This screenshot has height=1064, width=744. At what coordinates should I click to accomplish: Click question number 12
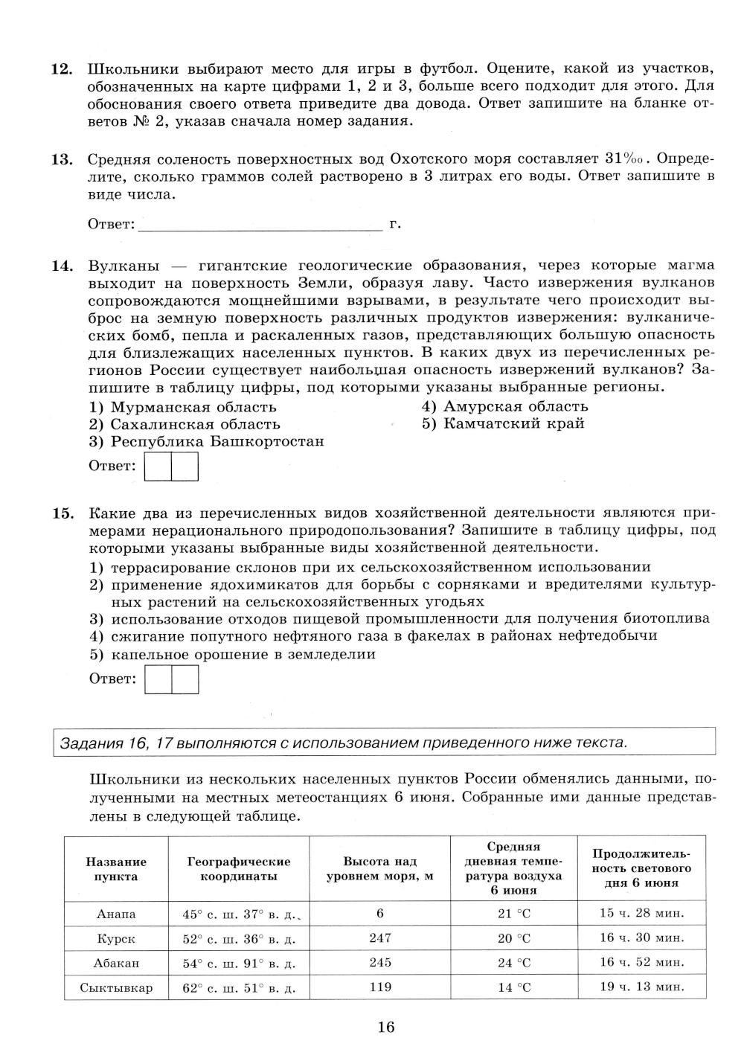click(x=61, y=69)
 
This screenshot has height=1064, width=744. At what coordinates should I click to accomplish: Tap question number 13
click(x=61, y=159)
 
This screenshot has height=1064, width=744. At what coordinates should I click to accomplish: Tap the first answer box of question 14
click(x=158, y=467)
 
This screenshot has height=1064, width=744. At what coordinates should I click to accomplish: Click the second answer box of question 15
click(x=185, y=679)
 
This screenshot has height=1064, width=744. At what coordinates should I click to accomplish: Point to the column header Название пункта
click(x=116, y=869)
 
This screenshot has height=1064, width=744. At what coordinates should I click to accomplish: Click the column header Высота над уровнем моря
click(x=380, y=869)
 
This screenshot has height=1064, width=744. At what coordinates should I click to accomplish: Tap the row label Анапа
click(x=116, y=914)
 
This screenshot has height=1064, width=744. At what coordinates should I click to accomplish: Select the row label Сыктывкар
click(x=116, y=988)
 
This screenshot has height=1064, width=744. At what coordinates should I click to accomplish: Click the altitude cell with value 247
click(x=380, y=938)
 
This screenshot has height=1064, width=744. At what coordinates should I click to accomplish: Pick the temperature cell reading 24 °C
click(x=514, y=963)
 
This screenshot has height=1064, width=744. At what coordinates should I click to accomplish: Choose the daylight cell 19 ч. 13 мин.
click(x=641, y=987)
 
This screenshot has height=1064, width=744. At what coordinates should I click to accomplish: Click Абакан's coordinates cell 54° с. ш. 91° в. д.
click(x=239, y=964)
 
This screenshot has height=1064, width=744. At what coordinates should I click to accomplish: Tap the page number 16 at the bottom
click(x=385, y=1028)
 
